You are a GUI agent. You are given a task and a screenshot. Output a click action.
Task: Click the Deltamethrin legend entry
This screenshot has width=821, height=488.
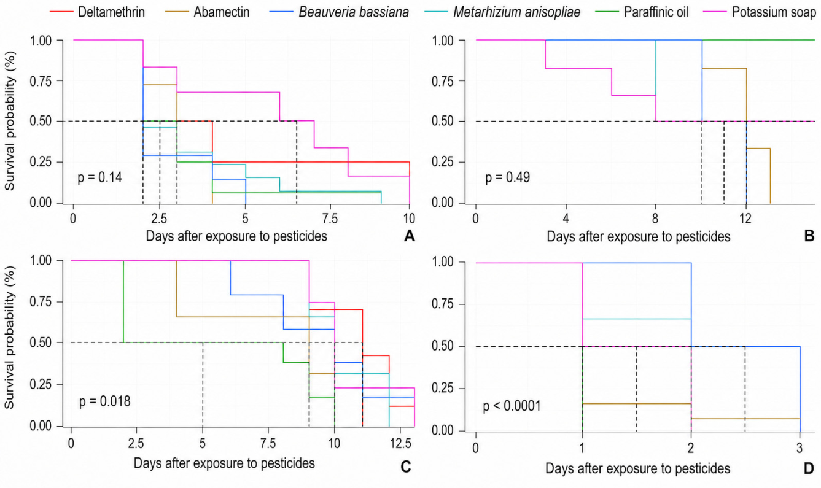tap(97, 12)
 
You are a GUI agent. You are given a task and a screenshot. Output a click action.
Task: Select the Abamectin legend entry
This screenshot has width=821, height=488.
tap(208, 12)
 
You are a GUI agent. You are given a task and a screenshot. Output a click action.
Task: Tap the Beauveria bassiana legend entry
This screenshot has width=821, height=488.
tap(339, 12)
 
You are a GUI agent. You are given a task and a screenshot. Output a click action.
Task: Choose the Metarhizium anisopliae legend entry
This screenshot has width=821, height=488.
tap(502, 12)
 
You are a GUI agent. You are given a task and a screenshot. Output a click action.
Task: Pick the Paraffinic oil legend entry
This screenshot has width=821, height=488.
tap(642, 12)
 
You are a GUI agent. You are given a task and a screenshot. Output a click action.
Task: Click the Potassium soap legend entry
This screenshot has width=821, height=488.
tap(761, 12)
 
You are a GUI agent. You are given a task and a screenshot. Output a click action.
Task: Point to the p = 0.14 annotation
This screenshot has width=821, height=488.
tap(99, 177)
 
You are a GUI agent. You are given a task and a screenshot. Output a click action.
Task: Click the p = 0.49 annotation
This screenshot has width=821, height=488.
tap(507, 177)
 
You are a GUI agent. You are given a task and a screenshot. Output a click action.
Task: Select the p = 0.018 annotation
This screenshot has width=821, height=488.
tap(104, 401)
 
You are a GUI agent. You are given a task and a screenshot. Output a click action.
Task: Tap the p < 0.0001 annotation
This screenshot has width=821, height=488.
tap(512, 406)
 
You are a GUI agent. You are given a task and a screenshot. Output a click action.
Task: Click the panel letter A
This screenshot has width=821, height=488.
tap(410, 236)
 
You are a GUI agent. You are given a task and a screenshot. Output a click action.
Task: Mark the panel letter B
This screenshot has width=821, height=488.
tap(809, 236)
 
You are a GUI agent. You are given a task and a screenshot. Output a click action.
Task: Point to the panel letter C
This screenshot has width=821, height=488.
tap(405, 467)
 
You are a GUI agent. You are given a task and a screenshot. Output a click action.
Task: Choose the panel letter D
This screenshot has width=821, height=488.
tap(809, 468)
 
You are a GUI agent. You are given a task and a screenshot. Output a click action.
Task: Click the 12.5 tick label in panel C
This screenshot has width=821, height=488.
tap(400, 444)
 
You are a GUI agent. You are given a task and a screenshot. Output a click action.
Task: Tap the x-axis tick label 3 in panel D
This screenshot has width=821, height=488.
tap(800, 447)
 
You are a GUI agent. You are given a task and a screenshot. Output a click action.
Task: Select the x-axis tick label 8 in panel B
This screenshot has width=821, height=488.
tap(655, 219)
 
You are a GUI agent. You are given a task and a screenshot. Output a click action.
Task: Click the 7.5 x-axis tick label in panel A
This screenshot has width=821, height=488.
tap(330, 219)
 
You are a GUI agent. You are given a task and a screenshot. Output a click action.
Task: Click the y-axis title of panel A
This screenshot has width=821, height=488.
tap(10, 121)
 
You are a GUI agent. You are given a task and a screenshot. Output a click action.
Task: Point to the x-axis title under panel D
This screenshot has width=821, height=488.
tap(638, 468)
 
